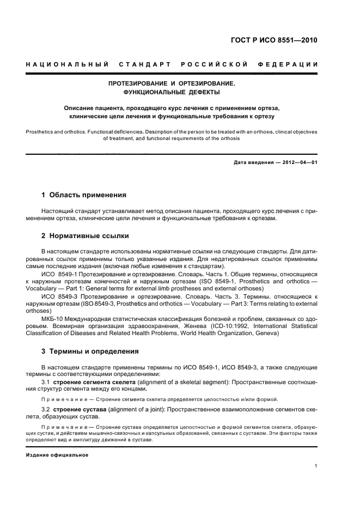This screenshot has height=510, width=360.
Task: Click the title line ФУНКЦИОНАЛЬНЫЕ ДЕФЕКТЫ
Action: [172, 93]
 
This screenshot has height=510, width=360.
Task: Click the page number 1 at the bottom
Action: [316, 466]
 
